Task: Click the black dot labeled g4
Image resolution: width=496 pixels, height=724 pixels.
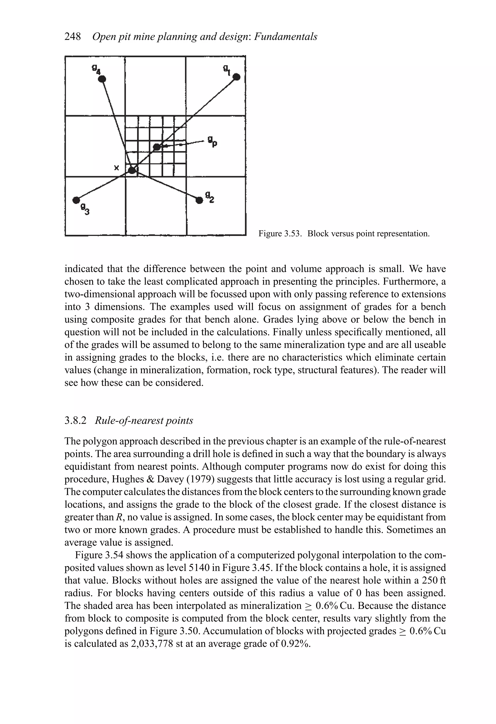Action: click(x=102, y=79)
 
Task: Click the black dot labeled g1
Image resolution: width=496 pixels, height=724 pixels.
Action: click(x=237, y=77)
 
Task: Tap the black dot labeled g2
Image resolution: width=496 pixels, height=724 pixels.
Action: click(x=199, y=200)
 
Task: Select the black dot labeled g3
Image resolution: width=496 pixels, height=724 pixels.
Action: click(x=76, y=200)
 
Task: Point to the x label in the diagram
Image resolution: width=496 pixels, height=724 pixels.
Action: click(x=116, y=168)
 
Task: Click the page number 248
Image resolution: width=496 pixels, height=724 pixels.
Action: click(x=73, y=37)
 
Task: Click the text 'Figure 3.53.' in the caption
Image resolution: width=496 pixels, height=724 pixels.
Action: click(x=280, y=234)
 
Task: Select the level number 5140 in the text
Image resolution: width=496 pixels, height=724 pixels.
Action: click(x=200, y=567)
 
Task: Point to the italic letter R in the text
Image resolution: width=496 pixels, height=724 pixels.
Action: click(x=118, y=517)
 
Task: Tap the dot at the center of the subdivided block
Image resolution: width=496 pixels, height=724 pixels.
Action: click(x=157, y=146)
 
